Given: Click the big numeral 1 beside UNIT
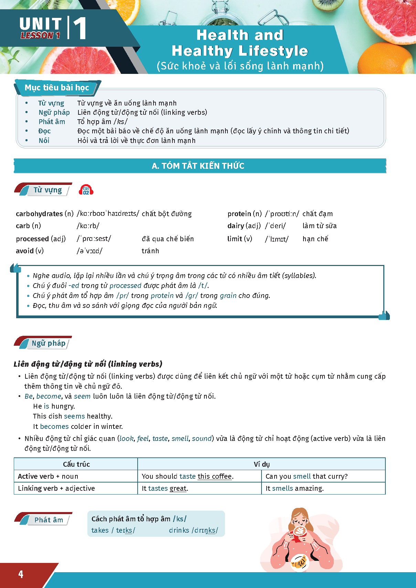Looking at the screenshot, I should pos(79,28).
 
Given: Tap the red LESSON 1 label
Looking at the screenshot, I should pos(40,35).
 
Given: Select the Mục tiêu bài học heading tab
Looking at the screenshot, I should pos(57,88).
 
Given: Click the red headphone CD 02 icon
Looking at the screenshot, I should pos(86,190).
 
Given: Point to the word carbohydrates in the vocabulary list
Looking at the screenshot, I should pos(39,214).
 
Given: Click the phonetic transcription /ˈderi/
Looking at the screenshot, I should pos(275,226).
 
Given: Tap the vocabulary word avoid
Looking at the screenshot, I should pos(25,251).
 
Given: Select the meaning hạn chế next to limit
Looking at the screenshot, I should pos(315,239).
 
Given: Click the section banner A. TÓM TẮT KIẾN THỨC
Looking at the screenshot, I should pos(198,166).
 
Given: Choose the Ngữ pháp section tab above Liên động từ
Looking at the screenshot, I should pos(48,343).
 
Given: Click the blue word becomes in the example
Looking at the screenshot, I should pos(54,426).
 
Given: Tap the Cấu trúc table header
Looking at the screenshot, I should pos(76,464).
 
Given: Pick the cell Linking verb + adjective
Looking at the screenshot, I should pos(56,488).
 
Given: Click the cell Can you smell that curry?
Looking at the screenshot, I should pos(307,476).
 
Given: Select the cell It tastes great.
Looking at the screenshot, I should pos(165,488).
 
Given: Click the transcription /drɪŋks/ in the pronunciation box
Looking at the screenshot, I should pos(205,530).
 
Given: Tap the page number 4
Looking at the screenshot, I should pos(21,574).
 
